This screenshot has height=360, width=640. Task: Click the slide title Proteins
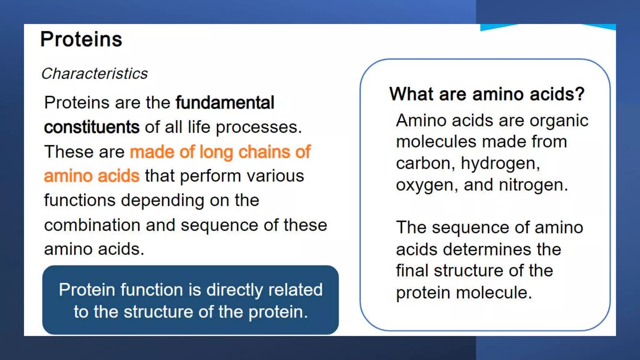tap(81, 40)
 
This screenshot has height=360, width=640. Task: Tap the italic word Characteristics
tap(94, 74)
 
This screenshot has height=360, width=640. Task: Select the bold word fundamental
tap(225, 103)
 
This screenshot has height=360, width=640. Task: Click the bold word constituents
tap(92, 127)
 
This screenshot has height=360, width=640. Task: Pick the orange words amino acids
tap(92, 176)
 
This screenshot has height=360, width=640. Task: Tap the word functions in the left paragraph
tap(80, 200)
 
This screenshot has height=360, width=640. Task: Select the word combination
tap(92, 225)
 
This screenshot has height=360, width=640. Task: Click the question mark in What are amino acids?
tap(581, 94)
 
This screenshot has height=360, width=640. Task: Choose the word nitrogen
tap(533, 185)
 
